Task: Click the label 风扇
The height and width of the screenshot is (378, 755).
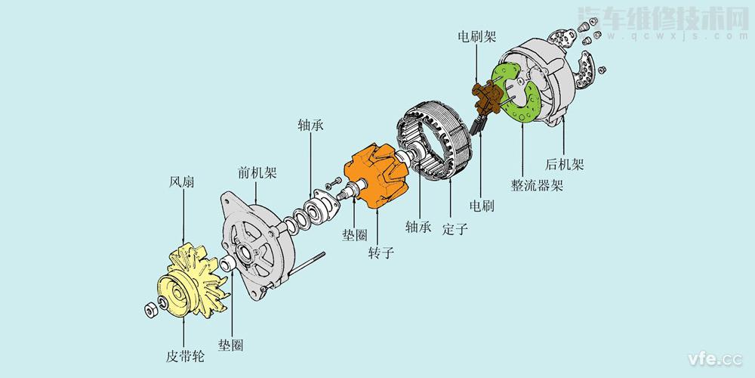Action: click(x=183, y=184)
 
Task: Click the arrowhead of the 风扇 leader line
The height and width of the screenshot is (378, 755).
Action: click(x=183, y=240)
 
